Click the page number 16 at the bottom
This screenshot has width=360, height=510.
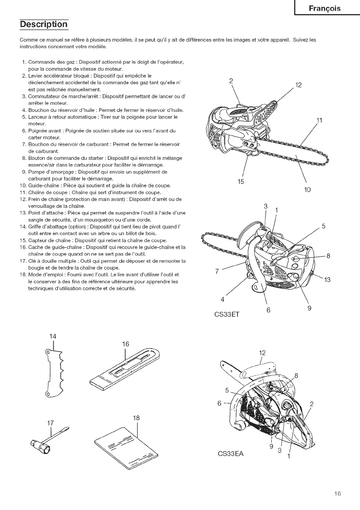[x=337, y=494]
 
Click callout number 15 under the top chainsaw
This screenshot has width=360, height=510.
[x=241, y=182]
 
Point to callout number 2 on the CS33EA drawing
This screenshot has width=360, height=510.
[x=312, y=403]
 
